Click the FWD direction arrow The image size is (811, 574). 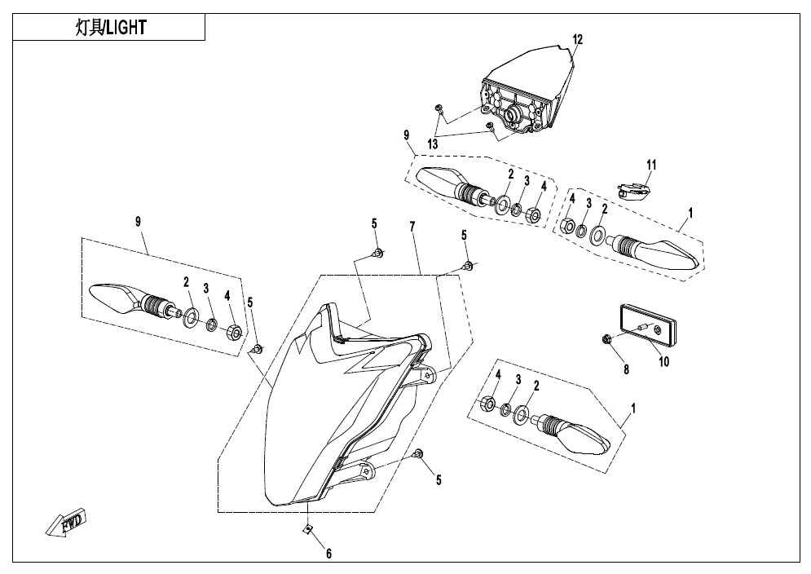66,523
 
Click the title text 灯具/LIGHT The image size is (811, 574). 111,28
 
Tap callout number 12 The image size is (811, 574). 577,39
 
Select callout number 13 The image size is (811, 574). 432,143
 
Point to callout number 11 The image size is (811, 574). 651,166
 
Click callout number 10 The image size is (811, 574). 663,361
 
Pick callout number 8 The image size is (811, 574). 626,369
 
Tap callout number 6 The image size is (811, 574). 328,554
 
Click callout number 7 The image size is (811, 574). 412,227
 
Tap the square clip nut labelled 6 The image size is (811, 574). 307,528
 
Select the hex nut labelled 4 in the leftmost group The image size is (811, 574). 233,332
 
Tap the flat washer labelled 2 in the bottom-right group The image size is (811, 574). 520,414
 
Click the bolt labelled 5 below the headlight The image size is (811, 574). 420,453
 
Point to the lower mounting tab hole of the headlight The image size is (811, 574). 366,471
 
